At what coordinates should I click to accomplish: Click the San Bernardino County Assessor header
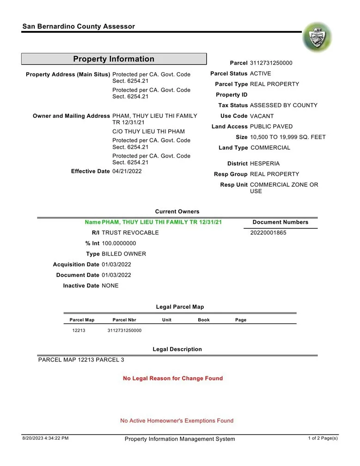[x=79, y=26]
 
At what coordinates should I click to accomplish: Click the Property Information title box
[x=114, y=59]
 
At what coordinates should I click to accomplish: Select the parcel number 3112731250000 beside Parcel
[x=271, y=63]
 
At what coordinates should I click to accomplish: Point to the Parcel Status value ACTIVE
[x=260, y=74]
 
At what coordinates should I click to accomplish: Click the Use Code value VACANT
[x=262, y=116]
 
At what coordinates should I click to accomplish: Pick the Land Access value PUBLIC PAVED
[x=271, y=127]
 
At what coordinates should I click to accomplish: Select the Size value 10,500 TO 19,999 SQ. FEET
[x=287, y=137]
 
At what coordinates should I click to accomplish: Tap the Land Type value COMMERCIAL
[x=270, y=148]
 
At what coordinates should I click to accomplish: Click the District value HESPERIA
[x=264, y=164]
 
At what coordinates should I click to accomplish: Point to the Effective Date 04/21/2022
[x=127, y=172]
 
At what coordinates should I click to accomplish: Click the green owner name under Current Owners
[x=162, y=222]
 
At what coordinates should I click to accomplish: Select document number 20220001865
[x=268, y=233]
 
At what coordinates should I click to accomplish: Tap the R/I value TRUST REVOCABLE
[x=130, y=233]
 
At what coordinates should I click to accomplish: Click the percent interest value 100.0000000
[x=119, y=244]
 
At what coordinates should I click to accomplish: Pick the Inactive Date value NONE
[x=110, y=286]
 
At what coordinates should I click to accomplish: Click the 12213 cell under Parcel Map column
[x=79, y=331]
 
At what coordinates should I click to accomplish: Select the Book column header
[x=203, y=320]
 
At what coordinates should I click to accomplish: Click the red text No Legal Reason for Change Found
[x=173, y=379]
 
